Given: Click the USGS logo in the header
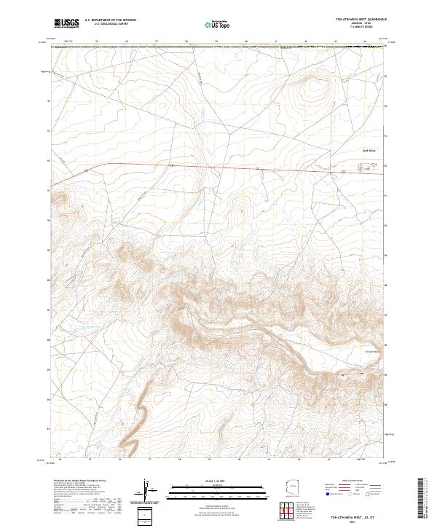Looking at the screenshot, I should pyautogui.click(x=66, y=23).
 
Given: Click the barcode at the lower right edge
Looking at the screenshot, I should pyautogui.click(x=426, y=500).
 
